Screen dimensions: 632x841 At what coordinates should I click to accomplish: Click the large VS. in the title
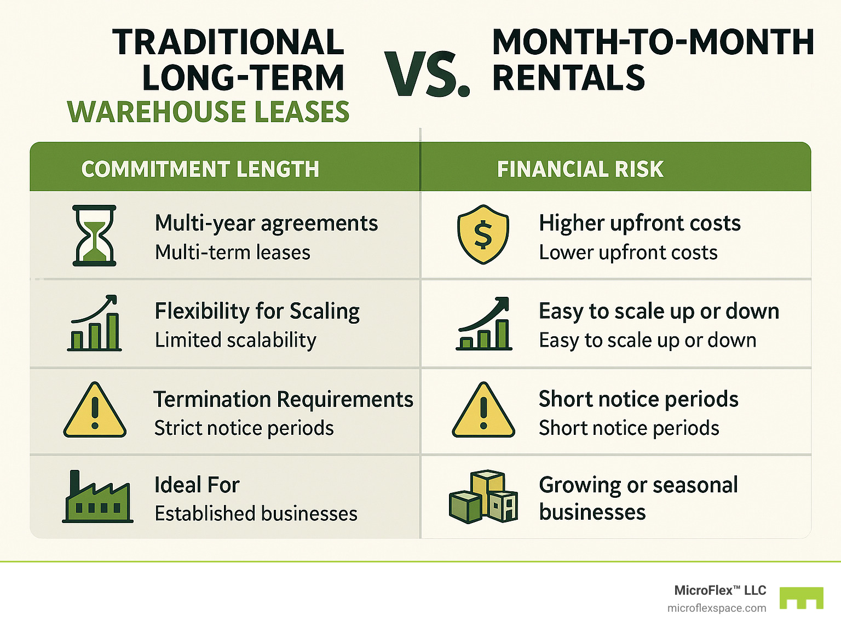[x=427, y=74]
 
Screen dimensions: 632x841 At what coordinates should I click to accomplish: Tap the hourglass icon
[x=94, y=235]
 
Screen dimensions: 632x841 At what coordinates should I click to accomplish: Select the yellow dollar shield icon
[x=483, y=234]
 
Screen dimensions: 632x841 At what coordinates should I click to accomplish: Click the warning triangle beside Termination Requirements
[x=95, y=410]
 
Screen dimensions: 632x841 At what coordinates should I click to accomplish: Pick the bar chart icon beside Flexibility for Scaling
[x=94, y=323]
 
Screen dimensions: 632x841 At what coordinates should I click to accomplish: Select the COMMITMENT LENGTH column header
[x=200, y=169]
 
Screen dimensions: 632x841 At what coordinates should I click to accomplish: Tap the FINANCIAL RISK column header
[x=580, y=169]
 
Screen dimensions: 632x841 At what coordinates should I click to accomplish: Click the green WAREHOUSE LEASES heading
[x=208, y=112]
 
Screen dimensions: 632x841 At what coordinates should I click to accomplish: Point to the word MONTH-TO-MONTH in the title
[x=653, y=42]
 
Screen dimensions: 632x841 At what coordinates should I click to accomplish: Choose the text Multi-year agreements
[x=266, y=223]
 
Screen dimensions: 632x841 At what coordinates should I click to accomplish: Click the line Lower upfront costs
[x=628, y=252]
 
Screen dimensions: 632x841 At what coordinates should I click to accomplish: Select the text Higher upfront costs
[x=640, y=223]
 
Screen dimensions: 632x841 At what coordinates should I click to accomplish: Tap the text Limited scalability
[x=235, y=340]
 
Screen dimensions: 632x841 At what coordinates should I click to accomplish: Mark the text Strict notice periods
[x=244, y=428]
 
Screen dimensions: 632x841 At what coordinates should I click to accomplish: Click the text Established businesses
[x=256, y=514]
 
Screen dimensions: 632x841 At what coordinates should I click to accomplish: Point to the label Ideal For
[x=197, y=485]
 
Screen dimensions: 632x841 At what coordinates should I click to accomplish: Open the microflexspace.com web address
[x=717, y=608]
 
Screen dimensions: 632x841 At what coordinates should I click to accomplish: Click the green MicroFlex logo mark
[x=801, y=598]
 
